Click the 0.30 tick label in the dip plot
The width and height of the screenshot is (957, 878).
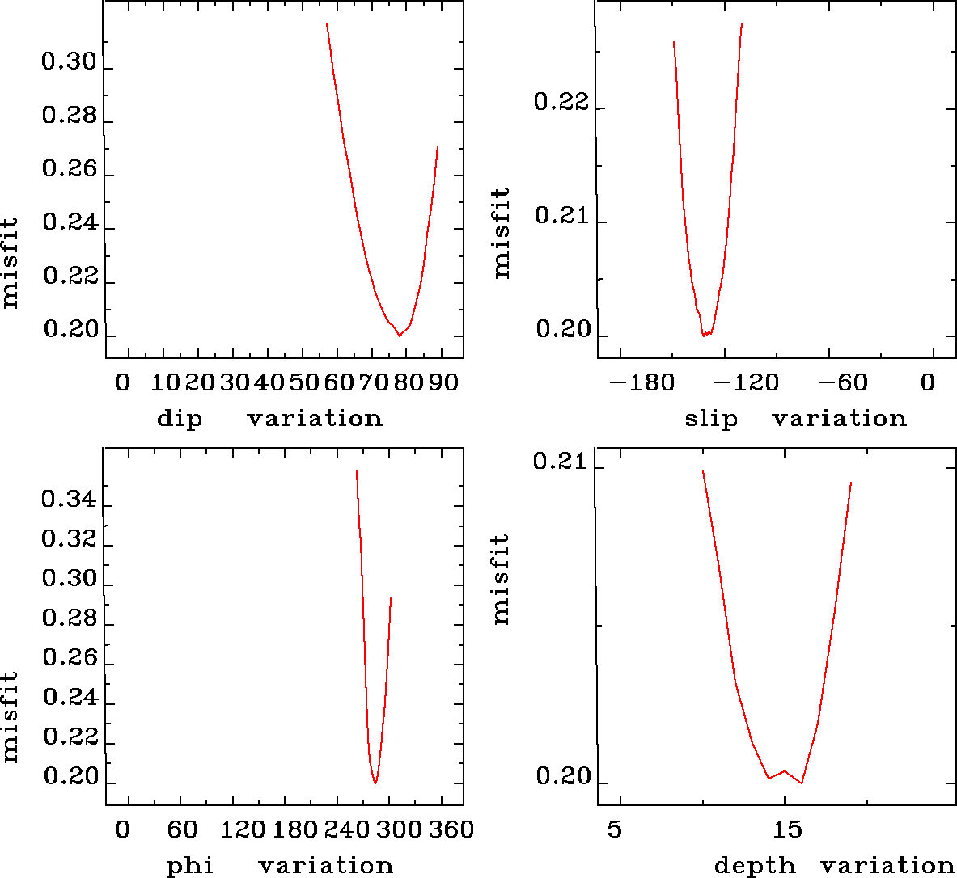69,63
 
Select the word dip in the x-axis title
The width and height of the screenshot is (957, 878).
179,419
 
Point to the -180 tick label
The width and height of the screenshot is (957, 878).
641,382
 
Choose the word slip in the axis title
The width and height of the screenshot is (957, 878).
711,419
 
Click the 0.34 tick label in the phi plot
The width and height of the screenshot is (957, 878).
69,500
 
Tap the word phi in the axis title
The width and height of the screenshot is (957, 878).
190,866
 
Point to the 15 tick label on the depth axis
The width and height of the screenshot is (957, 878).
786,829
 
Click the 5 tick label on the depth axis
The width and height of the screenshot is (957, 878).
616,829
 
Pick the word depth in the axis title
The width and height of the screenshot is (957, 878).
755,866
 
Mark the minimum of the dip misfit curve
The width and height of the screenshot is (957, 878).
399,335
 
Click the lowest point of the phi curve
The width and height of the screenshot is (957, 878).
375,783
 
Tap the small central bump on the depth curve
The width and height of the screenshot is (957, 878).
784,771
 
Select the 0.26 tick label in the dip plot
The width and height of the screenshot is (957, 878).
69,170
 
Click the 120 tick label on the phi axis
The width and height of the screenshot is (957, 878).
243,829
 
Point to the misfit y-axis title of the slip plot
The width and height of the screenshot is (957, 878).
502,233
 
